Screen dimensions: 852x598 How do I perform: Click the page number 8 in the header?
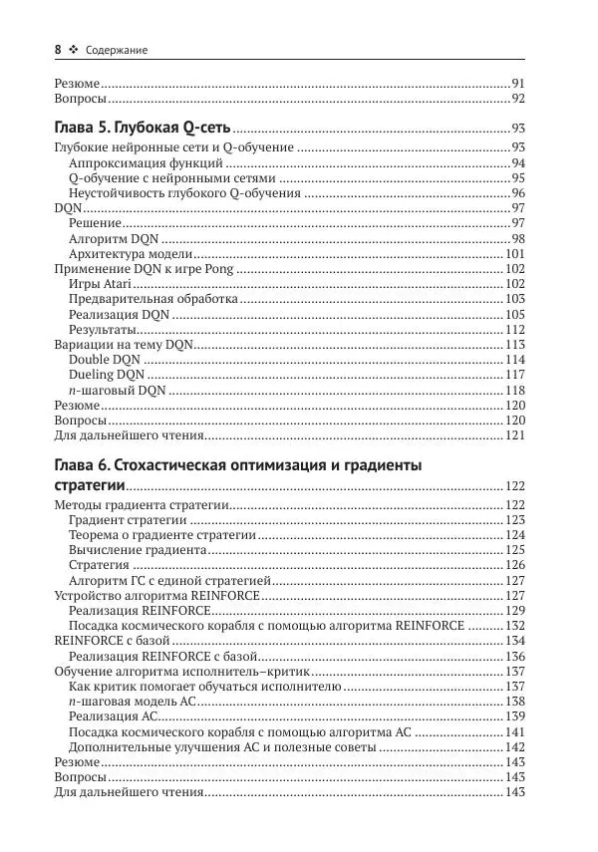click(x=57, y=49)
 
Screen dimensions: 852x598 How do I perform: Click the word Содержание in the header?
click(x=118, y=50)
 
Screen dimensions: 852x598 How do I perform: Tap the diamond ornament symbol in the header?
click(x=74, y=49)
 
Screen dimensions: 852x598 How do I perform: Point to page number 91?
click(x=518, y=83)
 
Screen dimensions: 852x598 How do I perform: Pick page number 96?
click(x=518, y=192)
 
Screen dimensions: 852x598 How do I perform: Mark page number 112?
click(x=515, y=329)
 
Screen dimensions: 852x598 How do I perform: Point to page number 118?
click(x=515, y=390)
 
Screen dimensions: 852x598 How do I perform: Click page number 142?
click(x=515, y=746)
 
